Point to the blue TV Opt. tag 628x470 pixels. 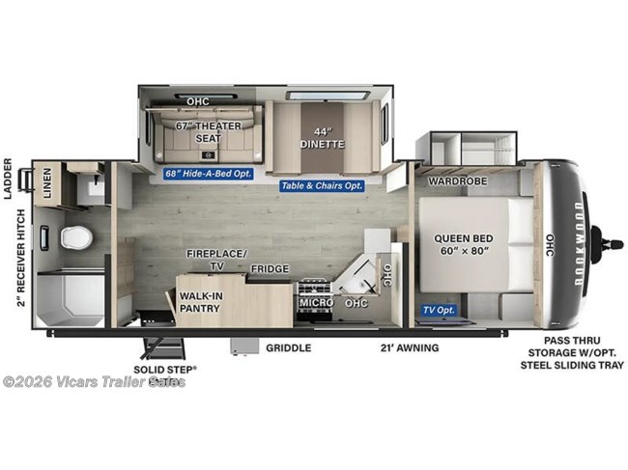coord(439,310)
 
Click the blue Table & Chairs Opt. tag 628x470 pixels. coord(322,184)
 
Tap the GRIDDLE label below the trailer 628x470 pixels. coord(288,348)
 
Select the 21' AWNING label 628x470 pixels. coord(409,347)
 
